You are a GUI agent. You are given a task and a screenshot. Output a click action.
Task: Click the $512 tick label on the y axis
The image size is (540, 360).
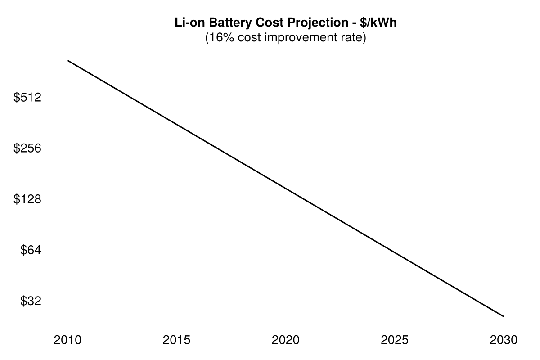click(27, 97)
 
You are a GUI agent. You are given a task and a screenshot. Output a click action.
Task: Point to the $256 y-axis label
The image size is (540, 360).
click(27, 148)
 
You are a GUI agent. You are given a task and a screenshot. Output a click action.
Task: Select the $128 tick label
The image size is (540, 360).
click(27, 199)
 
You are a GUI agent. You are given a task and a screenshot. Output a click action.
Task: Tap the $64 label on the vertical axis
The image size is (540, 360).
click(31, 250)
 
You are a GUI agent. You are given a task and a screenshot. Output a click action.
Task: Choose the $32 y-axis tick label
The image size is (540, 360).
click(31, 301)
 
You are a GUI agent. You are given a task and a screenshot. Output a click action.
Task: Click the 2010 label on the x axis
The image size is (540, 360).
click(67, 340)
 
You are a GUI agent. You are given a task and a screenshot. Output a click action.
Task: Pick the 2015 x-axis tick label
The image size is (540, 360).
click(176, 340)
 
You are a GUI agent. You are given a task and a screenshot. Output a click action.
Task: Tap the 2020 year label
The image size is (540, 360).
click(285, 340)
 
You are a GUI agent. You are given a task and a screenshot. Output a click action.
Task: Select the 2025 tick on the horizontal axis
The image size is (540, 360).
click(395, 340)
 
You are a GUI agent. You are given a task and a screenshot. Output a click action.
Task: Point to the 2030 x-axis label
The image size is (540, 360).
click(504, 340)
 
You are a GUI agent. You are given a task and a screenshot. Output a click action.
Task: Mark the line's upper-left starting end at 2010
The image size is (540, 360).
click(68, 60)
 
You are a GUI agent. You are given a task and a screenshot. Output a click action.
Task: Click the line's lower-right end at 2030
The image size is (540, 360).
click(503, 316)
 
